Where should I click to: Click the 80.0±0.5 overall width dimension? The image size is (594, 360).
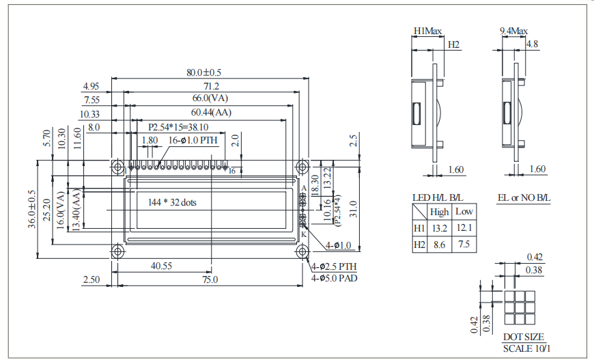pyautogui.click(x=204, y=72)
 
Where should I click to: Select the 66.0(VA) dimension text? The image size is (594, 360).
pyautogui.click(x=210, y=99)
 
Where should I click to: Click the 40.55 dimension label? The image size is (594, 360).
pyautogui.click(x=161, y=266)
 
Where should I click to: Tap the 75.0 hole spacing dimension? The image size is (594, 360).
pyautogui.click(x=210, y=279)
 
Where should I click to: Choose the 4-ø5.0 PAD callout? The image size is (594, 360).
pyautogui.click(x=335, y=278)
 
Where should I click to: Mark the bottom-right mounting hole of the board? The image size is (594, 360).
pyautogui.click(x=301, y=251)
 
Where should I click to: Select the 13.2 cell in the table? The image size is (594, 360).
pyautogui.click(x=439, y=227)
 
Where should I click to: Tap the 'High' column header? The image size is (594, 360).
pyautogui.click(x=439, y=211)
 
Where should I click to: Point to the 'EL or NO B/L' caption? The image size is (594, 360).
pyautogui.click(x=524, y=197)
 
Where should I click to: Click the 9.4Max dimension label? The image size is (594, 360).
pyautogui.click(x=513, y=31)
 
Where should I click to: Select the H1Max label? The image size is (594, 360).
pyautogui.click(x=428, y=31)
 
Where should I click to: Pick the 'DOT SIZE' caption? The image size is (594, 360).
pyautogui.click(x=524, y=337)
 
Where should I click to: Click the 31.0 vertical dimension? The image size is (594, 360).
pyautogui.click(x=354, y=206)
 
